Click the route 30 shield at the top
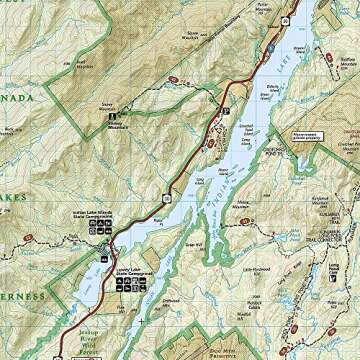[288, 18]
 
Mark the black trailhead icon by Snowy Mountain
[111, 118]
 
